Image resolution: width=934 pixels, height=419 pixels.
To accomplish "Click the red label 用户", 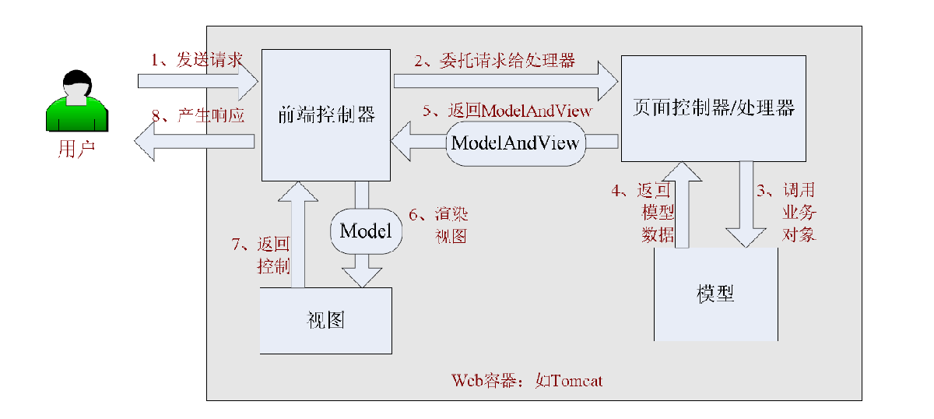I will [x=76, y=149].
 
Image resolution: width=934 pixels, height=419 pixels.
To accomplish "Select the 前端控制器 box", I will [x=325, y=114].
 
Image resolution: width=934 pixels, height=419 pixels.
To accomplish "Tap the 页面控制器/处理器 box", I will [x=714, y=108].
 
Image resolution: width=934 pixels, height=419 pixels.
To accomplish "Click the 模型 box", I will [x=715, y=294].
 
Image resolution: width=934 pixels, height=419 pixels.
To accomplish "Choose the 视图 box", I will [x=325, y=320].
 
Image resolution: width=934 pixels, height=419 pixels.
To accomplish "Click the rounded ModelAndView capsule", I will [x=515, y=143].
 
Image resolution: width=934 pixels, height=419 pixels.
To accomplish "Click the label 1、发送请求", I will [x=197, y=60].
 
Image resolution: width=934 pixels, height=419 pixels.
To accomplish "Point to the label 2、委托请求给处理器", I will [x=494, y=60].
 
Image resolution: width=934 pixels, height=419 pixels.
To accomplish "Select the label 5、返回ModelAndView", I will [x=507, y=111].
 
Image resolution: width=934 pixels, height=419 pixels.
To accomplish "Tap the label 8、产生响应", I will [x=198, y=116].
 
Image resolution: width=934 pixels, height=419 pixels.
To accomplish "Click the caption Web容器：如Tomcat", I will [x=527, y=381].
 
